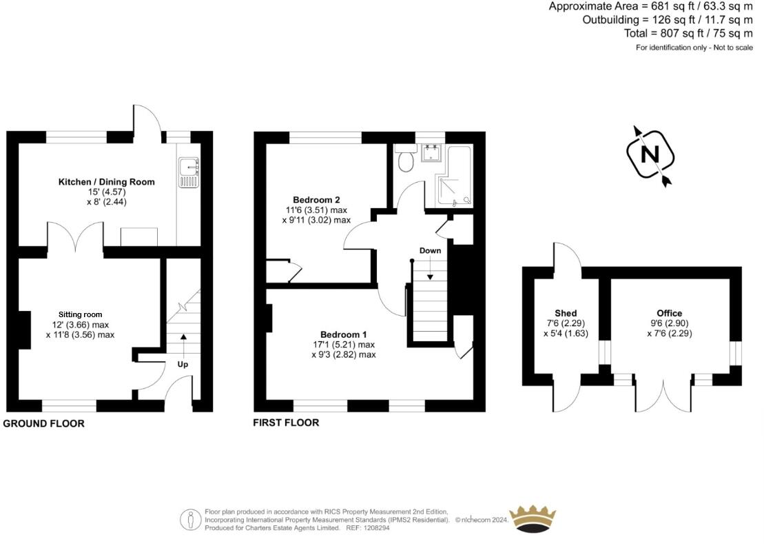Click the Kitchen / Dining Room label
tap(106, 182)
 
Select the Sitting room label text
tap(80, 314)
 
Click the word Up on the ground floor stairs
tap(183, 364)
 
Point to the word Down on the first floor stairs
tap(430, 250)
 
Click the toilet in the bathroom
tap(406, 160)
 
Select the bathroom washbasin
tap(432, 153)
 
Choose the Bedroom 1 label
tap(343, 334)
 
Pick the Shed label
tap(566, 313)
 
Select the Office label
tap(669, 313)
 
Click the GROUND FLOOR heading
tap(44, 423)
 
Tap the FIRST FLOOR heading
tap(286, 422)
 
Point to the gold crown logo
tap(533, 518)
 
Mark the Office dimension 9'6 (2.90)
tap(669, 323)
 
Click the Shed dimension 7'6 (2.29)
tap(566, 323)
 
